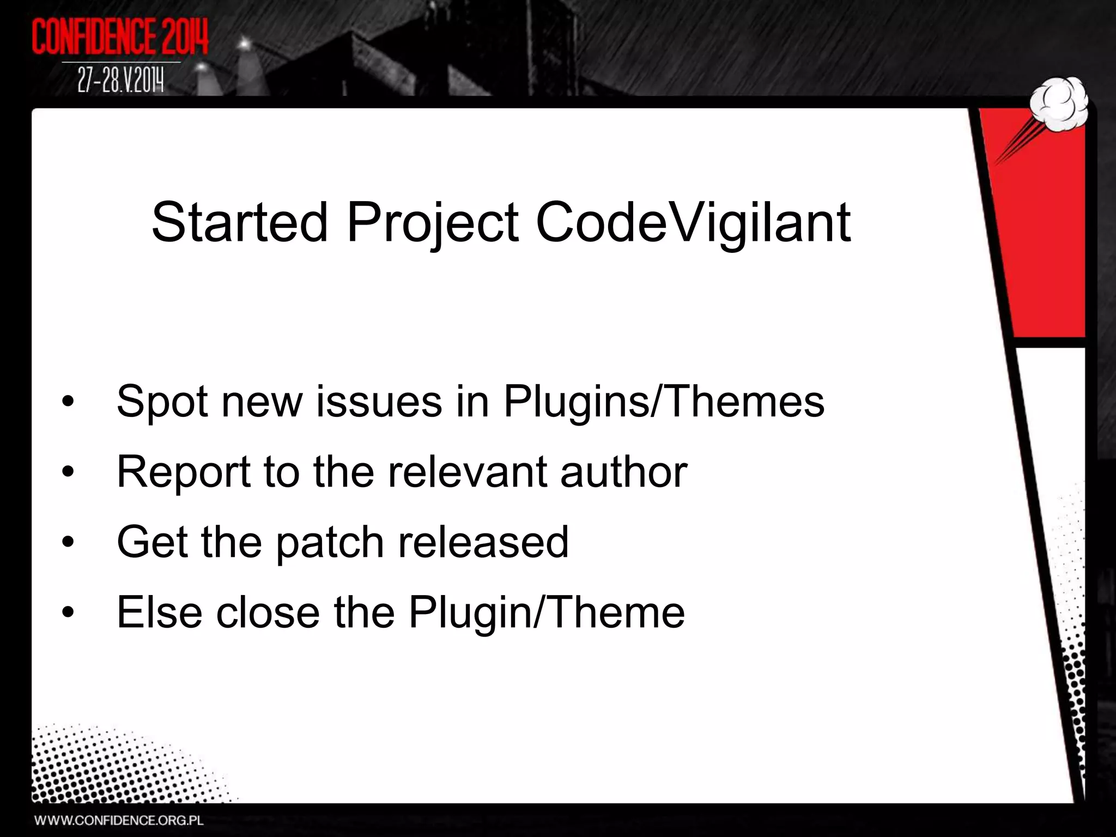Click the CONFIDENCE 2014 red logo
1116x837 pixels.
point(120,37)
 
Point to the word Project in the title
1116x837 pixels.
point(433,223)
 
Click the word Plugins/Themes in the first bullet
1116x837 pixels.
point(663,402)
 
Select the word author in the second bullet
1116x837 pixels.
point(623,472)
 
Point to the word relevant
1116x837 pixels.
point(466,472)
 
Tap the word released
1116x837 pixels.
point(483,542)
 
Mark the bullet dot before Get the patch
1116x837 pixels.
point(68,543)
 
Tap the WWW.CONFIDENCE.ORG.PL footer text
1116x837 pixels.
point(119,820)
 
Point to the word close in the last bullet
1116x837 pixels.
point(268,612)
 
